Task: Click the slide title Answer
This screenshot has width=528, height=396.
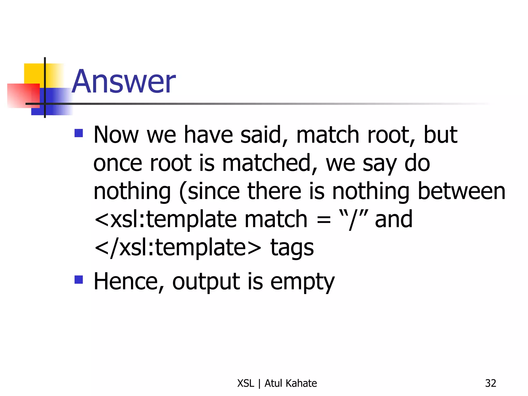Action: tap(124, 81)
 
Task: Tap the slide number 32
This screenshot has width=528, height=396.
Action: tap(490, 383)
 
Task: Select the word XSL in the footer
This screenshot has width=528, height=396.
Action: tap(245, 383)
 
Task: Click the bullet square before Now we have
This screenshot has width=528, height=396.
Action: tap(79, 133)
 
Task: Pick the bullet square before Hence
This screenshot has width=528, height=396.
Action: tap(79, 279)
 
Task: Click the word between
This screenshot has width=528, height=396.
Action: tap(461, 191)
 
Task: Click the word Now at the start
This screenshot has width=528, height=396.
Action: tap(116, 135)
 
